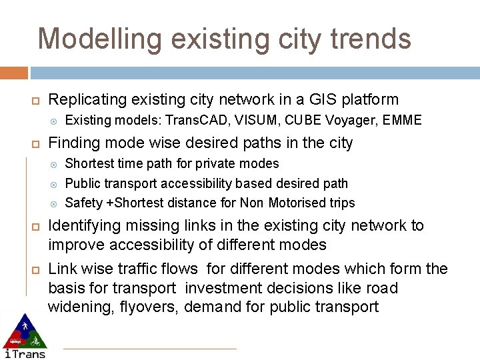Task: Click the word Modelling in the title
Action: pyautogui.click(x=99, y=39)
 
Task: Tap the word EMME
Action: pyautogui.click(x=403, y=121)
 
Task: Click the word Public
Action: pyautogui.click(x=83, y=183)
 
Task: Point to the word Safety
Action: pyautogui.click(x=84, y=203)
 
